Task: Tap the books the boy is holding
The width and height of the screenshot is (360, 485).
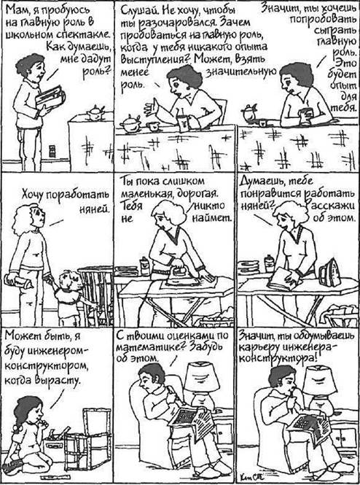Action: coord(50,98)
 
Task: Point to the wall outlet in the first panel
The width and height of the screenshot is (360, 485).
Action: coord(52,151)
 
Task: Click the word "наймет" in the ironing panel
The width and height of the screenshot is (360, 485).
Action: coord(212,219)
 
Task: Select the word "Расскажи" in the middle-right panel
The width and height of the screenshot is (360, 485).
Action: coord(330,206)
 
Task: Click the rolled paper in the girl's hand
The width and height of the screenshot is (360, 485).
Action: coord(18,282)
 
